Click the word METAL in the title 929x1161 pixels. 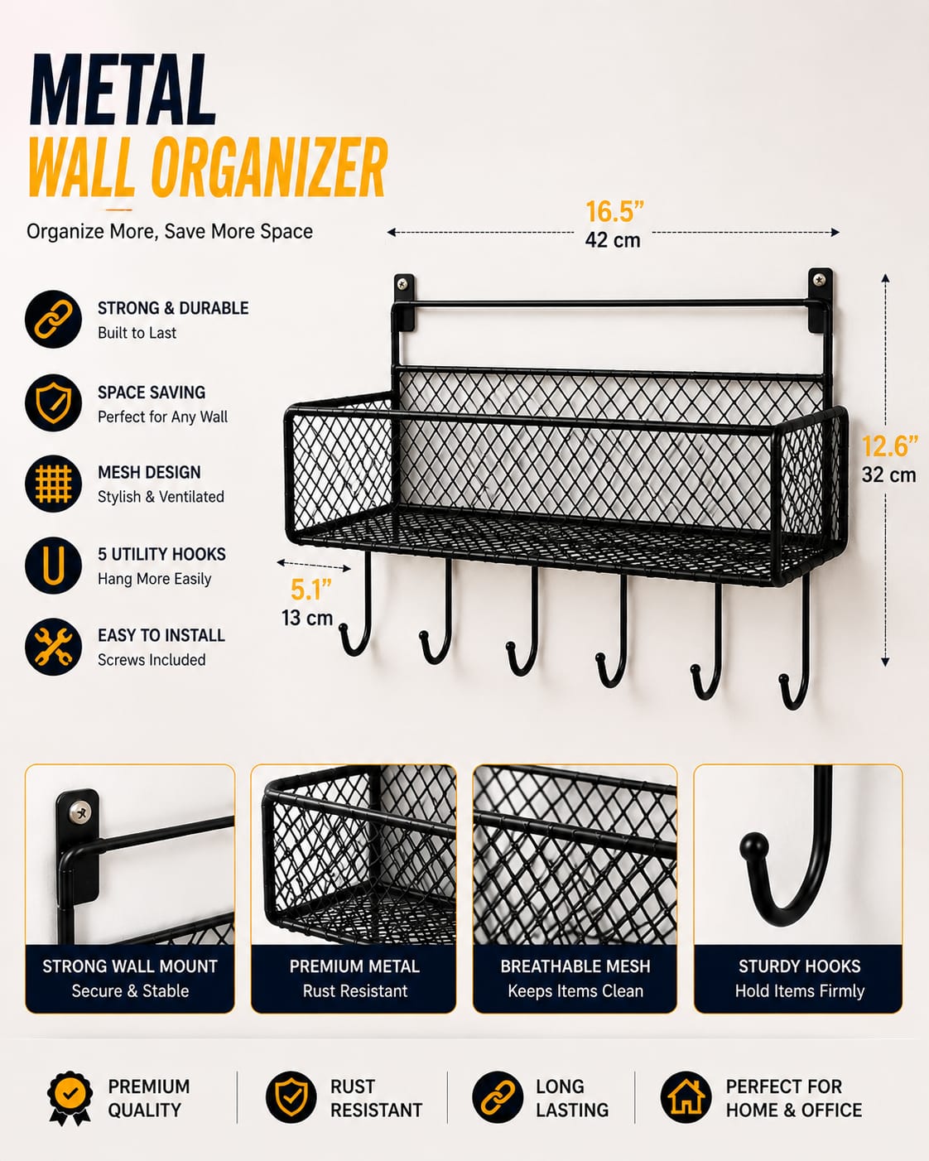(x=123, y=89)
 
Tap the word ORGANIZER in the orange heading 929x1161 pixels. (x=269, y=166)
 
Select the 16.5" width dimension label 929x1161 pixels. (x=614, y=211)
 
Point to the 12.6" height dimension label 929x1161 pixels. (x=889, y=446)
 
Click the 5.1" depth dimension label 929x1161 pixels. (x=310, y=590)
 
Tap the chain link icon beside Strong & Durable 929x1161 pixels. (x=53, y=319)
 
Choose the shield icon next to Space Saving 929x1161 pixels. (x=53, y=402)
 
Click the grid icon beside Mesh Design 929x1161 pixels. (x=53, y=484)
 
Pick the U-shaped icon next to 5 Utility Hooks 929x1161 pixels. (x=53, y=565)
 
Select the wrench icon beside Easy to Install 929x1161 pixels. (x=53, y=646)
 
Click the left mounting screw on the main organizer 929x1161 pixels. (x=402, y=283)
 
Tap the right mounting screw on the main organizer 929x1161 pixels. (x=820, y=279)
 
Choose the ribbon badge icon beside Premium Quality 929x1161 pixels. (x=70, y=1098)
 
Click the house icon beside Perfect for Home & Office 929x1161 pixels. (x=686, y=1097)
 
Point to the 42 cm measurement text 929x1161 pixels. (x=613, y=240)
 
